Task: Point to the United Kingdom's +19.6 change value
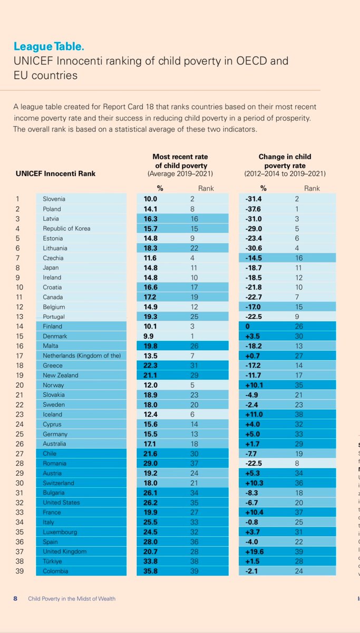pos(256,552)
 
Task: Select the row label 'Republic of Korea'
pos(66,228)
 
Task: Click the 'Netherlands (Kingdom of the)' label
pos(82,356)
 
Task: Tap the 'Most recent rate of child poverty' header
pos(180,165)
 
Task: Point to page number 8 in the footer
pos(15,598)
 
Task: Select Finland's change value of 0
pos(248,327)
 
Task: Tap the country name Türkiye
pos(53,562)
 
